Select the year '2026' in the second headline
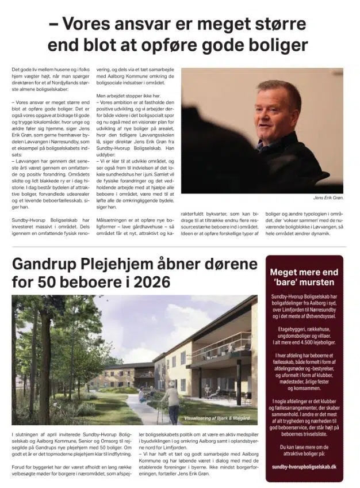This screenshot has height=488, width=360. [x=152, y=282]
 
